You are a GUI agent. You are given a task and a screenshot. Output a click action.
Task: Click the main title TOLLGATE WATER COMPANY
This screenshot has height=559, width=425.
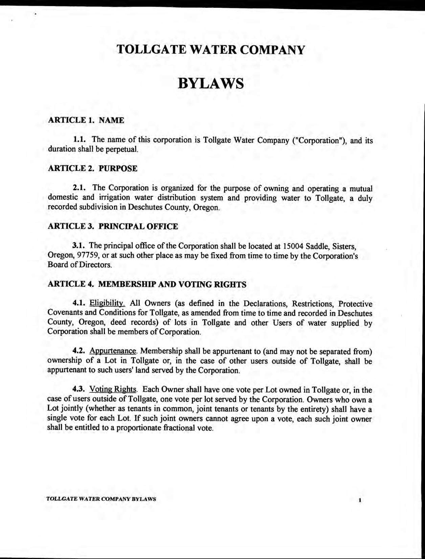pos(210,50)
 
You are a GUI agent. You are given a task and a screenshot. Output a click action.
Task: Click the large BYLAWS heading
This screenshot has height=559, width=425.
pos(210,83)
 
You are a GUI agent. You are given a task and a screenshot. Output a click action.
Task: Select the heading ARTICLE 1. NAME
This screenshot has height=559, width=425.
pos(86,120)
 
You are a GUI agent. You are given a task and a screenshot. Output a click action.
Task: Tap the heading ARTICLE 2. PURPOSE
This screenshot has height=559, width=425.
pos(92,169)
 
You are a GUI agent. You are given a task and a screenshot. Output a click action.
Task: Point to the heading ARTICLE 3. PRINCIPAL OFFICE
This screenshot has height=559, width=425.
pos(113,227)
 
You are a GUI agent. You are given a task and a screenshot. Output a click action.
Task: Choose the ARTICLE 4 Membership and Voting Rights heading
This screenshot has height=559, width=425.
pos(147,284)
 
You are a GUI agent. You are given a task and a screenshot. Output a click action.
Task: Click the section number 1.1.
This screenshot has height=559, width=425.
pos(81,139)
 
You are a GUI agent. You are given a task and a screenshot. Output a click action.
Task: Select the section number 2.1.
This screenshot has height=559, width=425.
pos(81,188)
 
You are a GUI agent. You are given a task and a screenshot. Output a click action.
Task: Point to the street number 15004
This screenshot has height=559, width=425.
pos(294,246)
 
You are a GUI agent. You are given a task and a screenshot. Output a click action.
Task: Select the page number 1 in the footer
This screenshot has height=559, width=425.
pos(360,500)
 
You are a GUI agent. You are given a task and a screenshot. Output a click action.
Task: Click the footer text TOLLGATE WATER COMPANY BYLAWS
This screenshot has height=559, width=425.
pos(101,499)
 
